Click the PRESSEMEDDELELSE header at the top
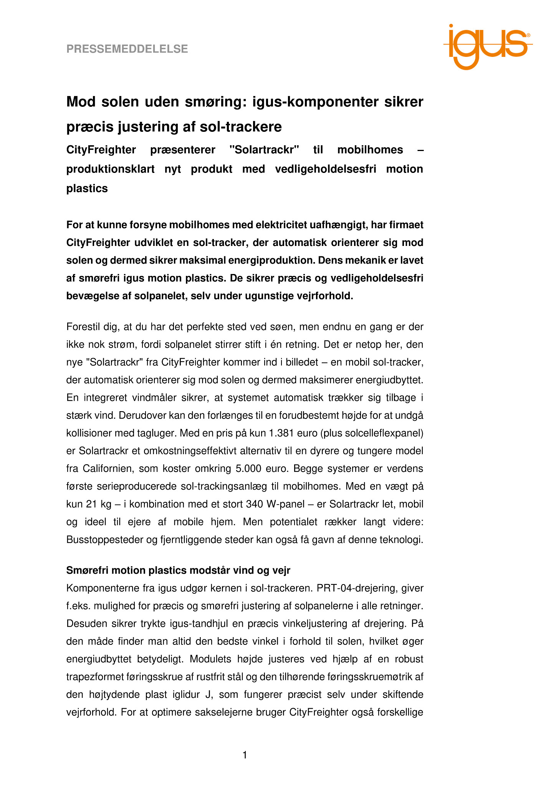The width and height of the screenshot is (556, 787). tap(127, 49)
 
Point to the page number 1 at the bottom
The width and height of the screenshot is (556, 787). tap(245, 755)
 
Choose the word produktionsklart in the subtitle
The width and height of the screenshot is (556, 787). tap(111, 169)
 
